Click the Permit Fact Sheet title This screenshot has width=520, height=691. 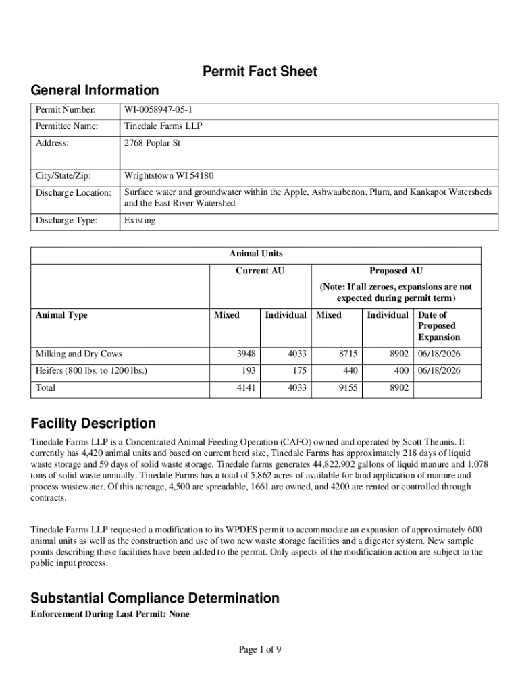(260, 72)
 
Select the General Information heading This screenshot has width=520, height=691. (95, 90)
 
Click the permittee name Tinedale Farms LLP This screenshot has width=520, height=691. (163, 126)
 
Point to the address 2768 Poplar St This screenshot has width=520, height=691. (152, 143)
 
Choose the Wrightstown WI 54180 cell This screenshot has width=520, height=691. (168, 176)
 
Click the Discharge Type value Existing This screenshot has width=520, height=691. (140, 221)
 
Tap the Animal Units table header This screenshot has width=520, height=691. (256, 254)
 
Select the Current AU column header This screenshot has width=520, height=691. (260, 271)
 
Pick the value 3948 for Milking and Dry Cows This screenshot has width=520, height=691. (246, 354)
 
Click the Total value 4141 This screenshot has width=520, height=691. (246, 388)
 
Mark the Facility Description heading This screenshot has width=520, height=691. (93, 424)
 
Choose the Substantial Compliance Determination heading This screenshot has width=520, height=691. (155, 598)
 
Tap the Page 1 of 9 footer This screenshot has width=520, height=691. (260, 650)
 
